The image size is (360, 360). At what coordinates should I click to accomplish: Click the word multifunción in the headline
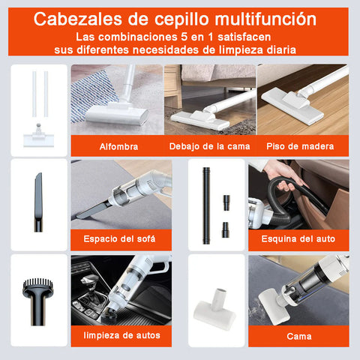pyautogui.click(x=265, y=19)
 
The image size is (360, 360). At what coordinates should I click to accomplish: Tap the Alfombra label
pyautogui.click(x=118, y=146)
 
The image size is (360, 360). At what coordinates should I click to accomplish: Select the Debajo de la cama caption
pyautogui.click(x=209, y=146)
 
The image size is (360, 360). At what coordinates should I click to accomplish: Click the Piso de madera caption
pyautogui.click(x=300, y=146)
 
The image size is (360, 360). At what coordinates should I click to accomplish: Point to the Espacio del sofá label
pyautogui.click(x=119, y=238)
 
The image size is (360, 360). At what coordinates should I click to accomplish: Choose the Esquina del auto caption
pyautogui.click(x=298, y=238)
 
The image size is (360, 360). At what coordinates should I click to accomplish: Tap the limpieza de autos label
pyautogui.click(x=121, y=335)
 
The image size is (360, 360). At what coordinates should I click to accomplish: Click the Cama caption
pyautogui.click(x=299, y=336)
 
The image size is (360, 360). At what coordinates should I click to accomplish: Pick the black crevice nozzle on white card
pyautogui.click(x=38, y=202)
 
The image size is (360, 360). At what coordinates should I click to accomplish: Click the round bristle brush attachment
pyautogui.click(x=37, y=301)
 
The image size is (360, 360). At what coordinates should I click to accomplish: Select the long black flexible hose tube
pyautogui.click(x=206, y=205)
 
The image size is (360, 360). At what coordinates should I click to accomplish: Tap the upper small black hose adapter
pyautogui.click(x=226, y=202)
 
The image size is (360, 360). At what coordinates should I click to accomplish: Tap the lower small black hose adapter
pyautogui.click(x=226, y=229)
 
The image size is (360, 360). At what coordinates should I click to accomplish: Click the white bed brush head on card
pyautogui.click(x=214, y=309)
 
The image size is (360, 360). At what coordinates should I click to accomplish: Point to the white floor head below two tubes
pyautogui.click(x=38, y=136)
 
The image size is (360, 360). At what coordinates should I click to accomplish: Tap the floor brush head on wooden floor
pyautogui.click(x=293, y=104)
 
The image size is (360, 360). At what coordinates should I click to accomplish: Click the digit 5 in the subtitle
pyautogui.click(x=184, y=37)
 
